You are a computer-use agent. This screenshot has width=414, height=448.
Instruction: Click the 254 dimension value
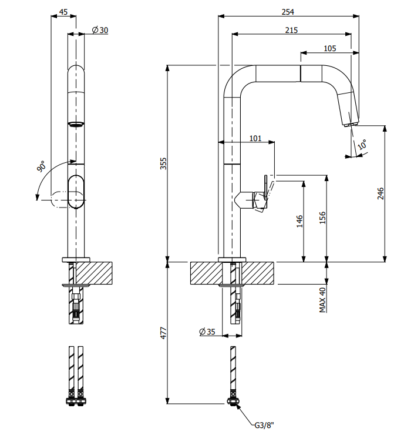pos(288,12)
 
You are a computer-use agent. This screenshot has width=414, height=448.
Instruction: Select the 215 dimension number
pos(291,30)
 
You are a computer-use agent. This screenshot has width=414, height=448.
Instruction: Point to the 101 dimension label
pos(255,138)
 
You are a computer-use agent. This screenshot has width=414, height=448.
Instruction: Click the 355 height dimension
pos(164,163)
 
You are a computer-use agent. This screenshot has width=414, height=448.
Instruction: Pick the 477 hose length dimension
pos(164,333)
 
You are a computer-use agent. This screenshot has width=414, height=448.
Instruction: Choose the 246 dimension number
pos(380,193)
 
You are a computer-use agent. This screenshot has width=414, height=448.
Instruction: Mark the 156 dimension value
pos(322,218)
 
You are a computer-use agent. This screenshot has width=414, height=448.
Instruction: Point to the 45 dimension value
pos(63,12)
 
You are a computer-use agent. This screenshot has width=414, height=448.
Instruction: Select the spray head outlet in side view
pos(350,123)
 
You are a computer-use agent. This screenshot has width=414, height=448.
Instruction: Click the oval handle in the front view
pos(76,191)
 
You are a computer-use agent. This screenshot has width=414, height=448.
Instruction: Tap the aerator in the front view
pos(76,124)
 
